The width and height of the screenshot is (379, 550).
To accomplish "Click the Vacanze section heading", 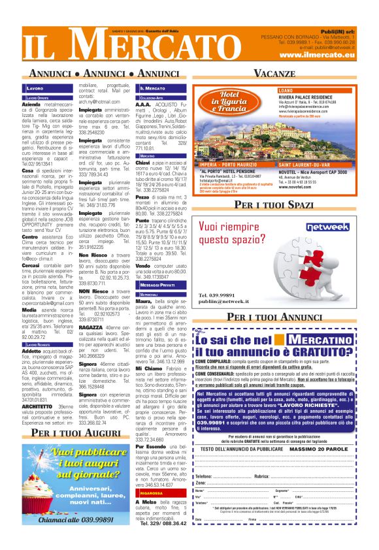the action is click(x=274, y=72).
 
